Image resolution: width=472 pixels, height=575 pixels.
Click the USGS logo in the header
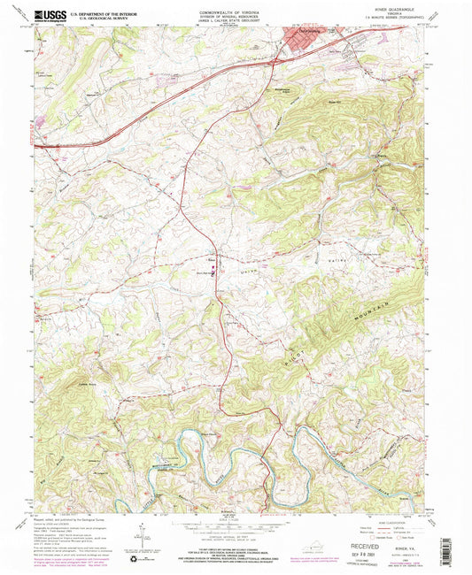[x=50, y=15]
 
